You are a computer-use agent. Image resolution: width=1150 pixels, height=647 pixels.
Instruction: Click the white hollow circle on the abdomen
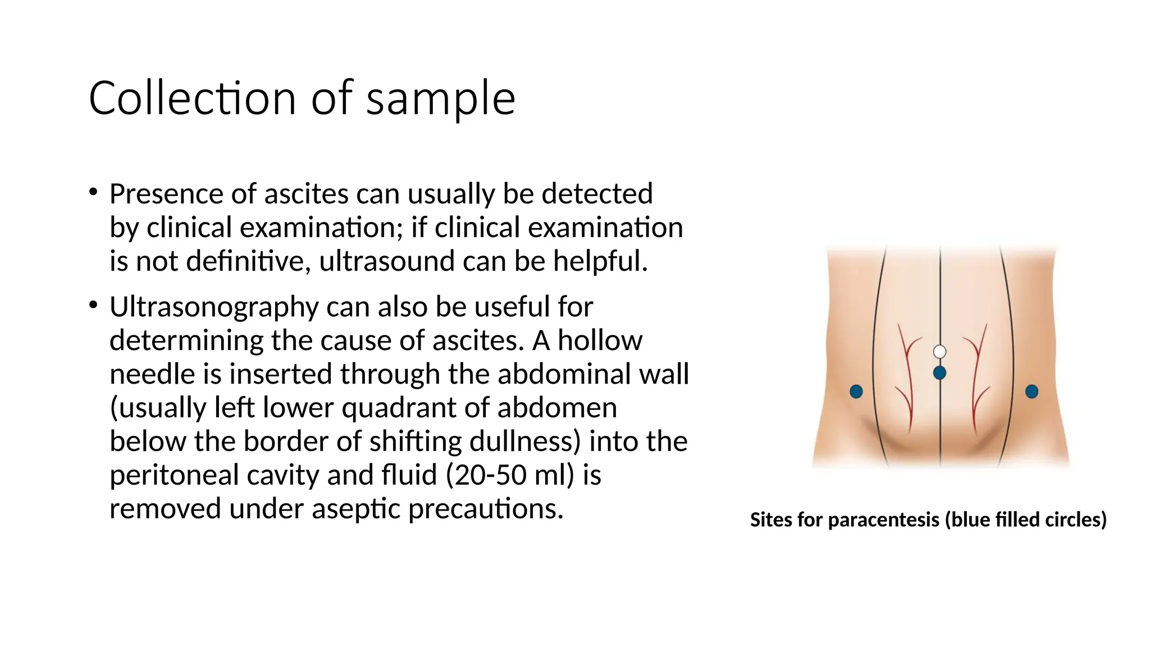coord(939,352)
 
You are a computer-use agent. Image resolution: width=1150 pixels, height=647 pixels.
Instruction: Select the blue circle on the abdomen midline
coord(939,372)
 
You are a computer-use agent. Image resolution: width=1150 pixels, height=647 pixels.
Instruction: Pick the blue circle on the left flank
coord(856,391)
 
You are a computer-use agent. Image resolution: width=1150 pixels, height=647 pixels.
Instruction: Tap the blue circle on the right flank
coord(1032,391)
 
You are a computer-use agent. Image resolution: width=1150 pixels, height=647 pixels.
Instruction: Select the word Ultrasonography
coord(214,307)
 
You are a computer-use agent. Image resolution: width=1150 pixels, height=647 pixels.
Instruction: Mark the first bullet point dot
coord(93,193)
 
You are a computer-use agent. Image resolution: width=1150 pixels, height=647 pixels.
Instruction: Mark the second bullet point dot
coord(93,306)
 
